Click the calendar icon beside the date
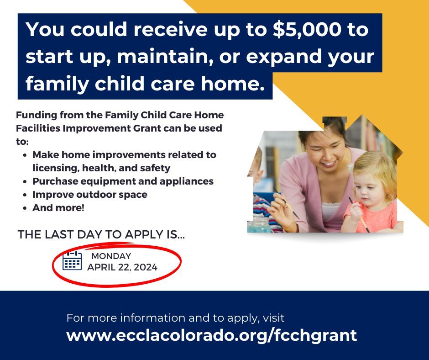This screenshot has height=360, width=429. tap(72, 261)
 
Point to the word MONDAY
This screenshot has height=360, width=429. tap(111, 256)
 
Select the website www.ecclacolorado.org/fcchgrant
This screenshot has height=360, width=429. tap(211, 335)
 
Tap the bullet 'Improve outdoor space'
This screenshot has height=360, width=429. tap(90, 194)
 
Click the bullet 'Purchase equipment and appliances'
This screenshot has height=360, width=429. tap(123, 181)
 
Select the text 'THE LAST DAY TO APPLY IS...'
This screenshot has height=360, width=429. tap(101, 235)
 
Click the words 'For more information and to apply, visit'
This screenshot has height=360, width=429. tap(175, 318)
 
